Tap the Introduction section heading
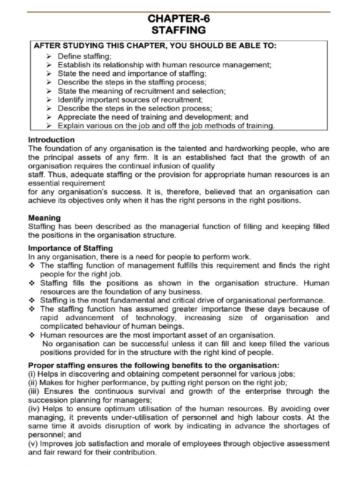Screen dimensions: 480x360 (x=52, y=140)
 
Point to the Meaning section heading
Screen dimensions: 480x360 (x=45, y=217)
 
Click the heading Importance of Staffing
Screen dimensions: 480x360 (x=71, y=247)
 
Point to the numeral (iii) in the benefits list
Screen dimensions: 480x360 (x=36, y=391)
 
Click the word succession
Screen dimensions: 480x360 (x=48, y=400)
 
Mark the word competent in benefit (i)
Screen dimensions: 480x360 (x=190, y=374)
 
